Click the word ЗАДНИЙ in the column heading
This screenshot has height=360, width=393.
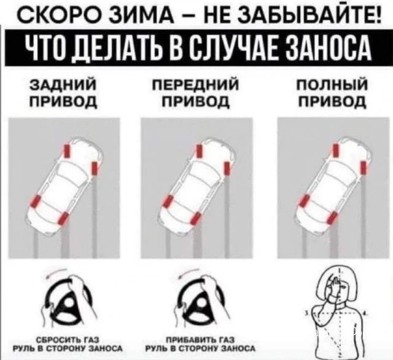63,84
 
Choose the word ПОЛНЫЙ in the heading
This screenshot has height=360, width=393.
332,85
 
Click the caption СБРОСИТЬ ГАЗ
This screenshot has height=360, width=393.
68,340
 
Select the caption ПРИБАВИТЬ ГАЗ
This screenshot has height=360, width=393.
201,340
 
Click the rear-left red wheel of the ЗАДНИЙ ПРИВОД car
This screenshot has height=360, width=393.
36,202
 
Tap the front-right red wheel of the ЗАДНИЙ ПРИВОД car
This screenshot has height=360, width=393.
95,168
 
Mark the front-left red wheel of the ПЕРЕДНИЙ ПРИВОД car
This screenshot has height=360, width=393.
199,151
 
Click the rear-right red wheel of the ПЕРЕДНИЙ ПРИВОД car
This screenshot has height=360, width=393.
196,218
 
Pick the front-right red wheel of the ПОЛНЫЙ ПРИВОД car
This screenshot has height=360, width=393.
364,167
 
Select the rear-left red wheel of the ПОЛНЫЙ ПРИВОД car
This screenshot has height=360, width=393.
305,201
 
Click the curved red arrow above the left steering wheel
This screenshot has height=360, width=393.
56,273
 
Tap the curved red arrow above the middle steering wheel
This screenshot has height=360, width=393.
189,273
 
